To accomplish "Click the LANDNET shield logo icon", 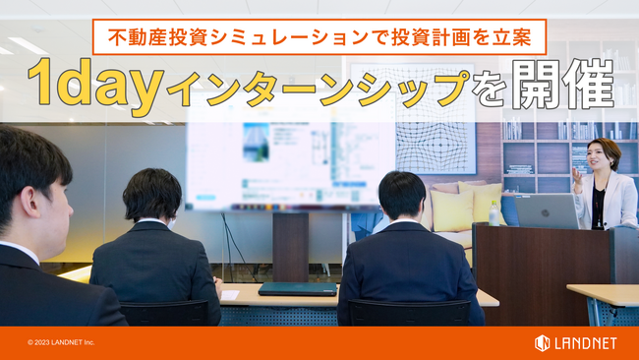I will [542, 342].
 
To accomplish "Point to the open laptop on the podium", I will [546, 210].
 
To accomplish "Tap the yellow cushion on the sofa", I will [453, 209].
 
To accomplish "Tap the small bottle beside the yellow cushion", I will [493, 213].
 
